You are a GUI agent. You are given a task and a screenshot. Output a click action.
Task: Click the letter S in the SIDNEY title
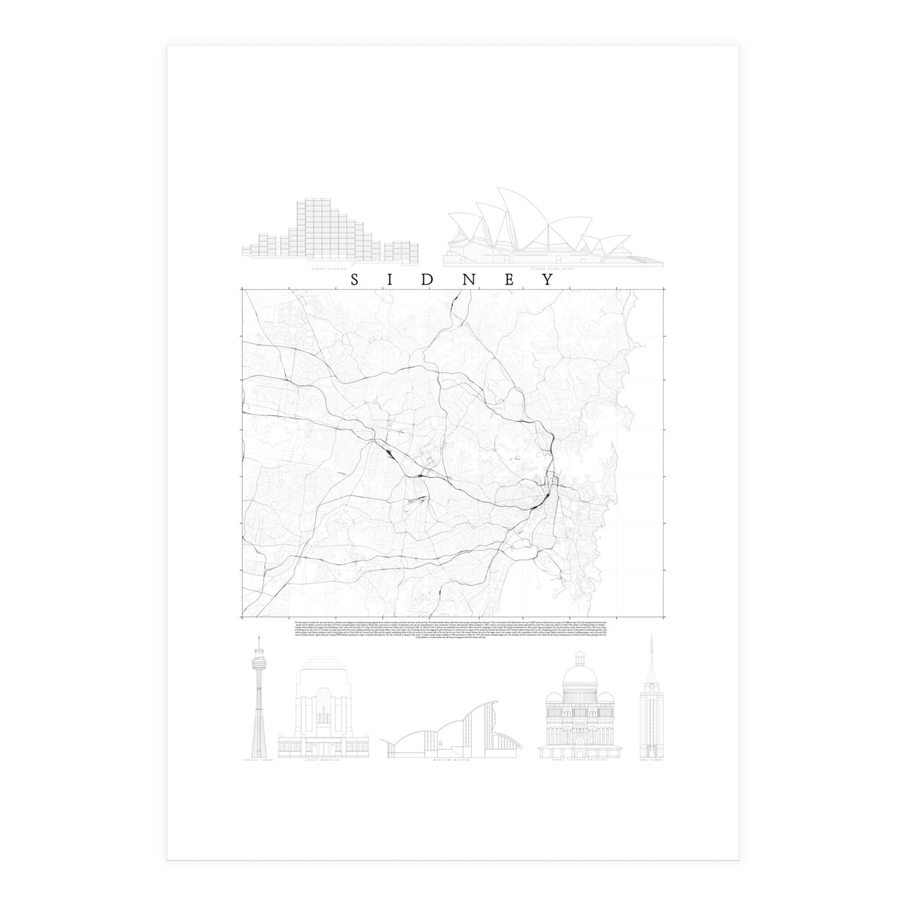click(x=356, y=279)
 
